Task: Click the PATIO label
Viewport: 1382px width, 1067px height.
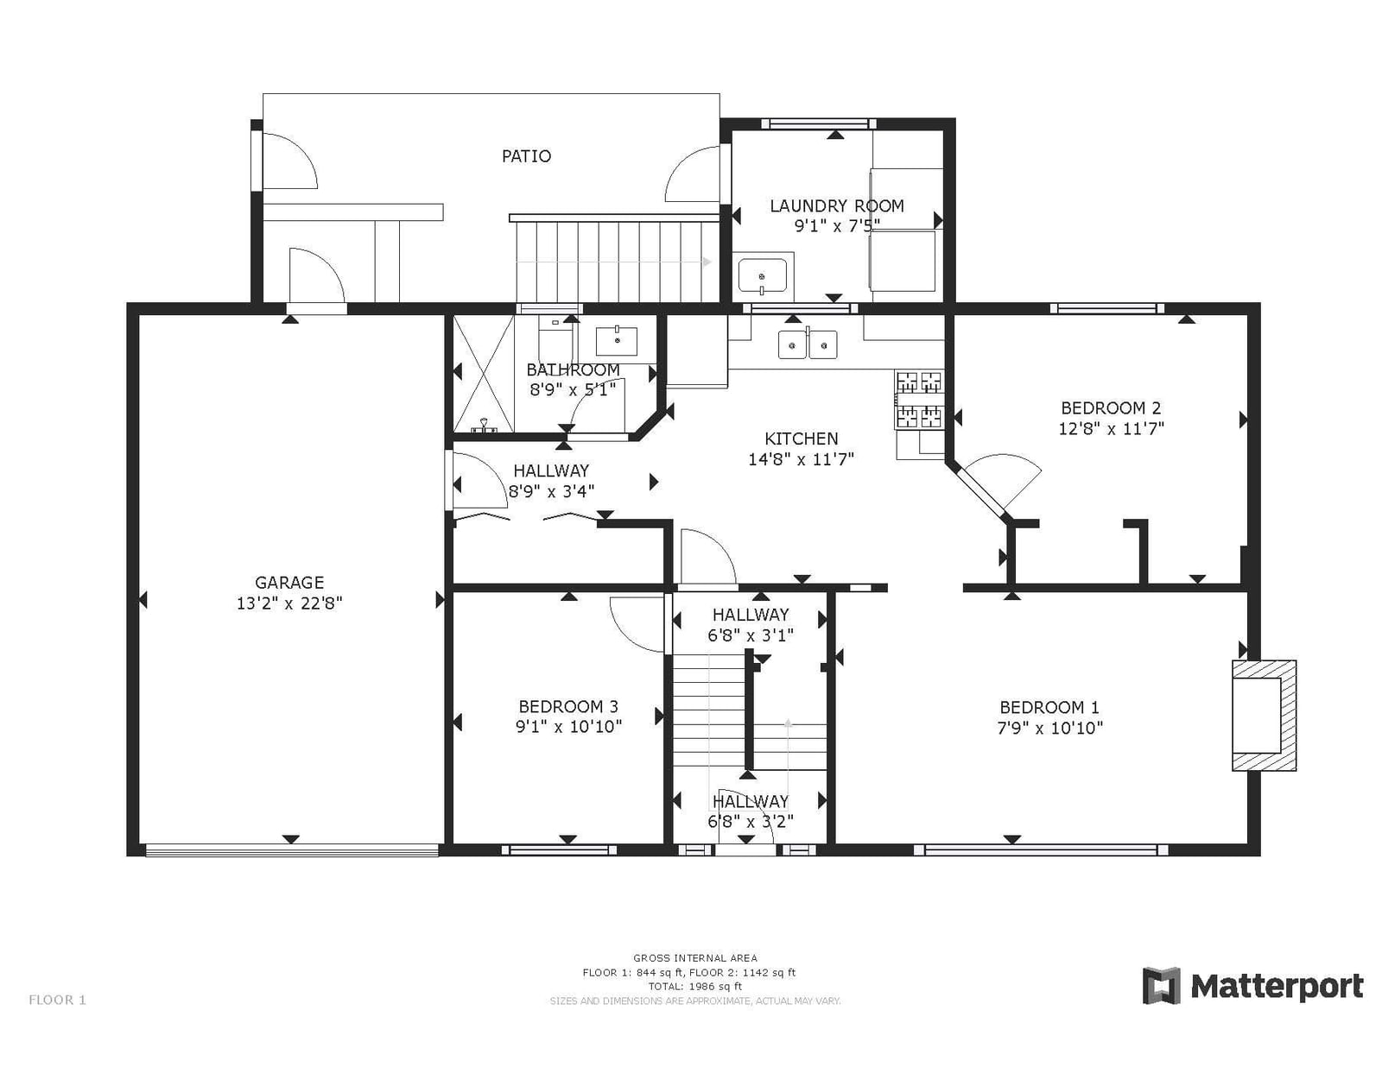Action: (x=526, y=156)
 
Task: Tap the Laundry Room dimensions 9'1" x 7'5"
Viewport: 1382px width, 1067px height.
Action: (x=837, y=225)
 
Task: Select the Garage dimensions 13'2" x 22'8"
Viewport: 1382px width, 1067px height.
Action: (x=289, y=603)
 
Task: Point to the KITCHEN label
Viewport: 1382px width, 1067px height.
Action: (x=802, y=439)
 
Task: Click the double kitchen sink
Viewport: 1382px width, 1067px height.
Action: (x=808, y=344)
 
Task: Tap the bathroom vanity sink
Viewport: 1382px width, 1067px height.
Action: (x=616, y=341)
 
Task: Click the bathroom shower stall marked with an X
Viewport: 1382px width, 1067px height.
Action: (x=483, y=374)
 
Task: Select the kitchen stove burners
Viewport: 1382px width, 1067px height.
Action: (x=920, y=400)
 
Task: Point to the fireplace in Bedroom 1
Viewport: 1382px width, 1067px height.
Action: (x=1264, y=716)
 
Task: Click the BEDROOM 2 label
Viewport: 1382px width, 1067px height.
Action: (x=1111, y=408)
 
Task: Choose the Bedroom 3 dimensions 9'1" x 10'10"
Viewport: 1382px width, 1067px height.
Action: (x=568, y=726)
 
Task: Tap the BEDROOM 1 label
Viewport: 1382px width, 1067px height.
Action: (x=1049, y=707)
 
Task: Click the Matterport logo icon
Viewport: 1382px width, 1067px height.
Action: (x=1162, y=986)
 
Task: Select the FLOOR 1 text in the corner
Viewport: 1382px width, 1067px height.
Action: (x=57, y=1000)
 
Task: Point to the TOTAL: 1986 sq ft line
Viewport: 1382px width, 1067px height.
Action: (x=694, y=987)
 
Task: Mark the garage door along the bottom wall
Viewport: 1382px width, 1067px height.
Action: (x=292, y=849)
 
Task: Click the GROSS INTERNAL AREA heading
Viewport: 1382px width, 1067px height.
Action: (x=694, y=957)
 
